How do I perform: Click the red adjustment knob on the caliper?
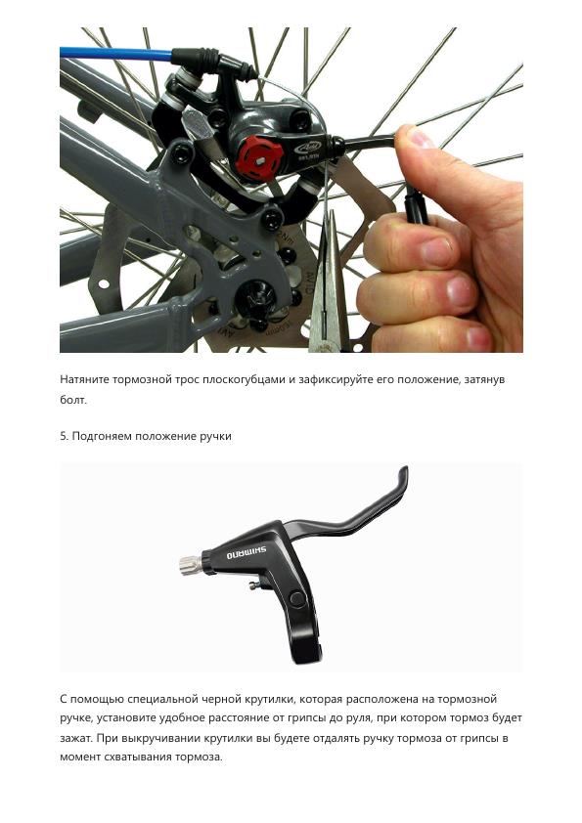[x=258, y=157]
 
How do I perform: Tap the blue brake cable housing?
[x=116, y=53]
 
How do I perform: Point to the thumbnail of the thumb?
[x=421, y=138]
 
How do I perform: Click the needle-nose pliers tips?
[x=330, y=221]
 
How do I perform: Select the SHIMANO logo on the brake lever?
[x=246, y=552]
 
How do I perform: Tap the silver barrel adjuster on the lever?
[x=190, y=565]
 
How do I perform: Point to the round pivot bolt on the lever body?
[x=296, y=599]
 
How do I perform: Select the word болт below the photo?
[x=72, y=400]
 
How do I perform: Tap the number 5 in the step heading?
[x=63, y=436]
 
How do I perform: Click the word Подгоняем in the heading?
[x=102, y=436]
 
